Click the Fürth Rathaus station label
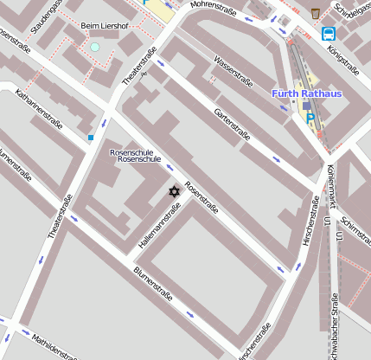[306, 93]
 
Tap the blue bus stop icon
[329, 34]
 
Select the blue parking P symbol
[310, 119]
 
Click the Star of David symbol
[173, 190]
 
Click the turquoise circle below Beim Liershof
[94, 47]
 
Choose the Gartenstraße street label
[232, 125]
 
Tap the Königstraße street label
[343, 61]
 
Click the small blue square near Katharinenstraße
[90, 137]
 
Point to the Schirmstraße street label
[355, 233]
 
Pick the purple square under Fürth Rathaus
[306, 106]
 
